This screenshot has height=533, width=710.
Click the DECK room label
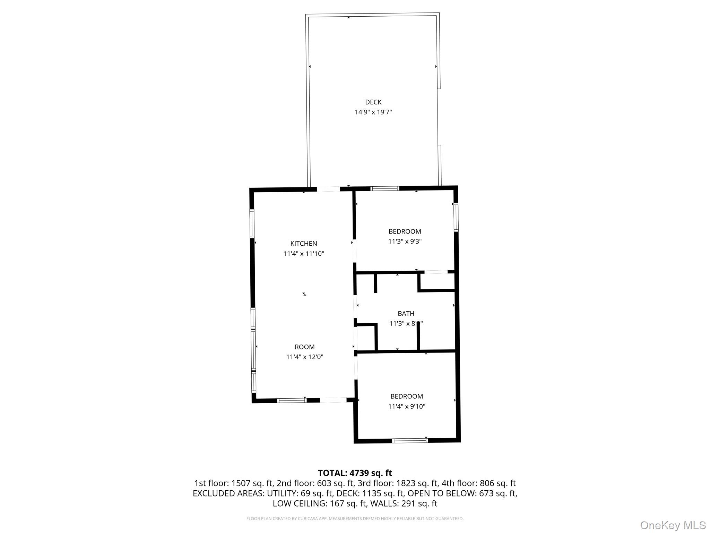coord(373,102)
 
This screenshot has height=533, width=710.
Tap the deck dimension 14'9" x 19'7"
coord(373,112)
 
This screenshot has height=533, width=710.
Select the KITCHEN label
coord(303,244)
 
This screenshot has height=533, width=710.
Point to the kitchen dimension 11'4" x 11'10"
coord(303,254)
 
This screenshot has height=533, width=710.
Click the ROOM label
coord(304,347)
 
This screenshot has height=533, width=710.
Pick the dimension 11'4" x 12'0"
coord(304,357)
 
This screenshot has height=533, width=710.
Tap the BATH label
coord(406,314)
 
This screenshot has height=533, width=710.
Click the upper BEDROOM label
coord(405,231)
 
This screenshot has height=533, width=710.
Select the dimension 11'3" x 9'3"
coord(405,242)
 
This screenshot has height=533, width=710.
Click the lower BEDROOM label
coord(406,396)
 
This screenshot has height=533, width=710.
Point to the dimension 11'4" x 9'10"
coord(406,406)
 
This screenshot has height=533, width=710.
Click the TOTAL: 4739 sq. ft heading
coord(355,473)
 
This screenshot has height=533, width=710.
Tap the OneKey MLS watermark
coord(673,525)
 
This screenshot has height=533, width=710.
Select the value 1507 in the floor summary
coord(241,483)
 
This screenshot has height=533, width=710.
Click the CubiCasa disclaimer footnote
coord(355,519)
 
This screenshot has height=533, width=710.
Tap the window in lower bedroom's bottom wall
coord(410,441)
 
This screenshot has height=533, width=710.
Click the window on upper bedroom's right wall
coord(456,217)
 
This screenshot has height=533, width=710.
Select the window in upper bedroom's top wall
coord(384,189)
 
